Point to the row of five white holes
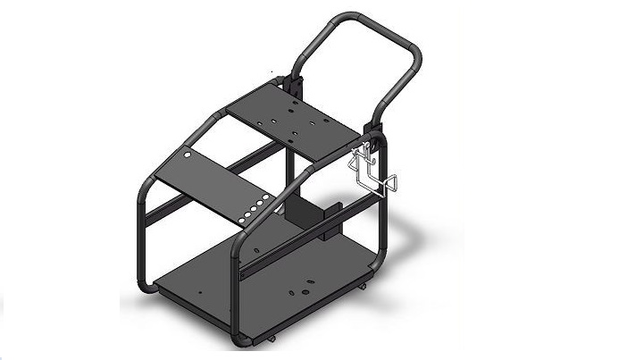pos(255,209)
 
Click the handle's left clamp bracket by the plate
pos(292,84)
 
